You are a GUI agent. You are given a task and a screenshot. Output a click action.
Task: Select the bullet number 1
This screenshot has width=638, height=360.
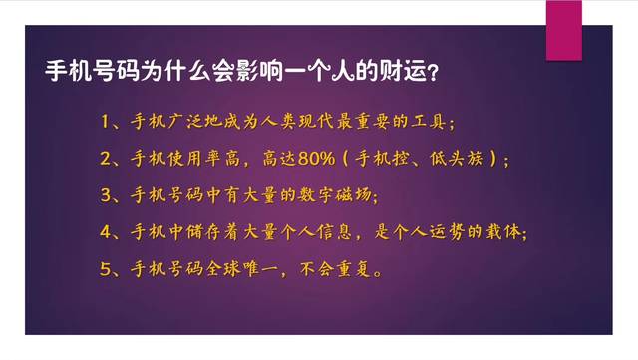pos(106,123)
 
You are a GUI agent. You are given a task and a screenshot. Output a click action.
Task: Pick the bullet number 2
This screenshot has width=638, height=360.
pos(106,160)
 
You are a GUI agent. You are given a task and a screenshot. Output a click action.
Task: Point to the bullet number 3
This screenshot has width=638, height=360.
pos(106,196)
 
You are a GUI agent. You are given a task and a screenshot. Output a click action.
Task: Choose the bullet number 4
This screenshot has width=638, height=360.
pos(106,233)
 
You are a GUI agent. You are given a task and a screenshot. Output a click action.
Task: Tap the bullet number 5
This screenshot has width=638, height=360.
pos(106,269)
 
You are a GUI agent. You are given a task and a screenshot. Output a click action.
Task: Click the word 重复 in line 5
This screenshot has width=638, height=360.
pos(360,269)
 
